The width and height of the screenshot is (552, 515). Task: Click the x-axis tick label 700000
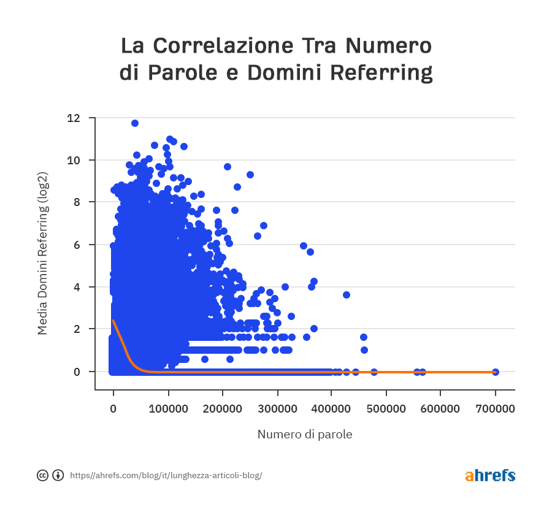tap(496, 408)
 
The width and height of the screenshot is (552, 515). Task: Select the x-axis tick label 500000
tap(386, 408)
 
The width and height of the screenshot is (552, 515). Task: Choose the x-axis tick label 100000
tap(168, 408)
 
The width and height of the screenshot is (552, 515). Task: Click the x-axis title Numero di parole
tap(305, 435)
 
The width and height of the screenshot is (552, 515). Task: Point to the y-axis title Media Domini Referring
tap(42, 253)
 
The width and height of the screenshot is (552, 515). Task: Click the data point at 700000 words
tap(496, 372)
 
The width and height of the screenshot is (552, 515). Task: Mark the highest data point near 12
tap(135, 123)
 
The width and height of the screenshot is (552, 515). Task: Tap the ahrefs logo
tap(490, 475)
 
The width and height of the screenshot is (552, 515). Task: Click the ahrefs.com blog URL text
tap(166, 475)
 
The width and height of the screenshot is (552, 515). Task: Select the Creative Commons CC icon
tap(43, 475)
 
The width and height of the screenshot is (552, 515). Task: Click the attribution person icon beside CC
tap(58, 475)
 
